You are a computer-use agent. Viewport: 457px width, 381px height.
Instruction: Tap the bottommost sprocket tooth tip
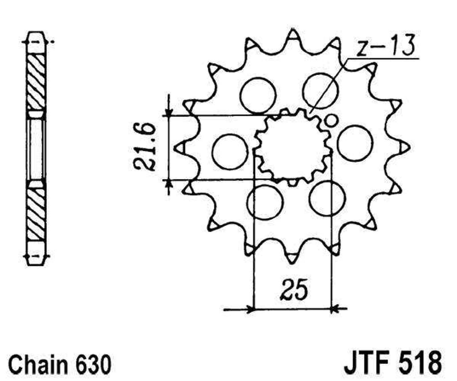pyautogui.click(x=292, y=263)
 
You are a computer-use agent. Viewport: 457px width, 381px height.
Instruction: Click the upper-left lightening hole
pyautogui.click(x=258, y=95)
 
